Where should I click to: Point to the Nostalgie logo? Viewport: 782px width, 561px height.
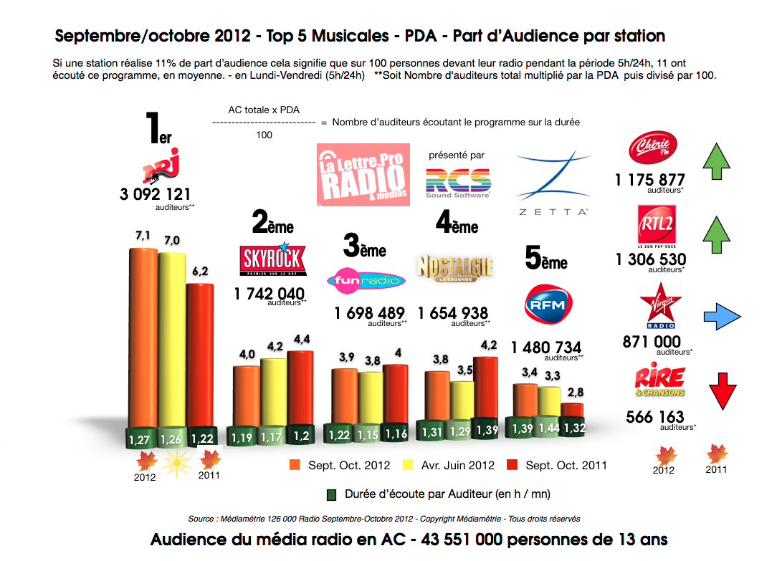click(455, 269)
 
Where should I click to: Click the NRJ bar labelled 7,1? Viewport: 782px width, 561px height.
click(142, 337)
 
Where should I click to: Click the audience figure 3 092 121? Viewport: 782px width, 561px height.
click(156, 193)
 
